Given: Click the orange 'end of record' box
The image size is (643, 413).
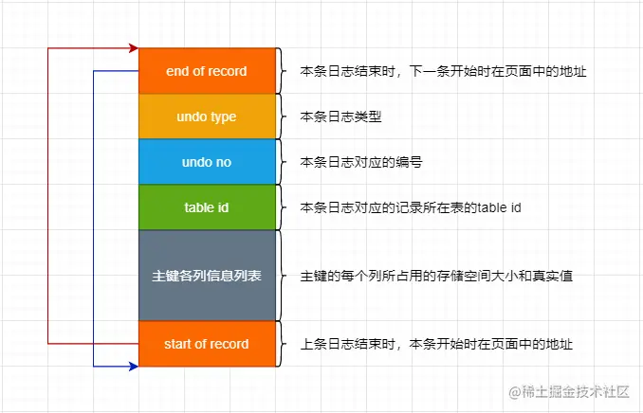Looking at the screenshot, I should pos(206,71).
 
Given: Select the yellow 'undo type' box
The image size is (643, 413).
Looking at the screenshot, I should pos(206,117).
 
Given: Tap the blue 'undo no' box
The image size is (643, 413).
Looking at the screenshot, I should pos(206,162).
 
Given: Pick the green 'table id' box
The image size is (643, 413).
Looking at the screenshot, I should pos(206,207).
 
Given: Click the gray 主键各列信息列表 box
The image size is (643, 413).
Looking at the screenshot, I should pos(206,276).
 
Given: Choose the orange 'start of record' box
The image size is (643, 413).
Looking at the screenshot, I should pos(206,344).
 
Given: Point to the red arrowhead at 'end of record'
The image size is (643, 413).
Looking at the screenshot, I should pos(133,47).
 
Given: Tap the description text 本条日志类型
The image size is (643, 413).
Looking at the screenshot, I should pos(340,117).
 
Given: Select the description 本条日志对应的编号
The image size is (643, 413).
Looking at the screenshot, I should pos(360,162).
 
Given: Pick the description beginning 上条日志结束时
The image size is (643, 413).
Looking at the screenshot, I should pos(435,344).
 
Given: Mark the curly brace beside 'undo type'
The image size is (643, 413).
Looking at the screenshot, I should pos(282,117).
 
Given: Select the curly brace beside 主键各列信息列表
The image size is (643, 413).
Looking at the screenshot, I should pos(282,276).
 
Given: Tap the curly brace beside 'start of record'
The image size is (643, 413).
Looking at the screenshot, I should pos(282,344).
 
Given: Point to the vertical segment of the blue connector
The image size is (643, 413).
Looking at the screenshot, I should pos(94,218).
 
